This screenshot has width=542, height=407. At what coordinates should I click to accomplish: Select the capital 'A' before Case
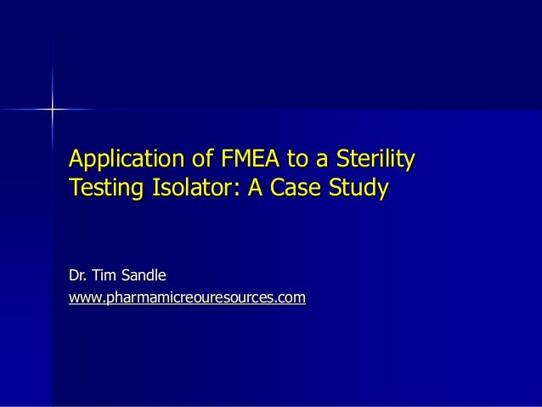click(253, 185)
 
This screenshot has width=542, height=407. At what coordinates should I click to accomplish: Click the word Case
click(293, 185)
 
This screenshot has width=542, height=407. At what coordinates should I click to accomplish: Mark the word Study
click(360, 185)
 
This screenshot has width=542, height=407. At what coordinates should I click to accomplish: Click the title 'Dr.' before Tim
click(79, 275)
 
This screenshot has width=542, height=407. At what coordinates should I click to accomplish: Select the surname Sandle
click(146, 275)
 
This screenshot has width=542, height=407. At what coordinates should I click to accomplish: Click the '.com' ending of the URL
click(290, 298)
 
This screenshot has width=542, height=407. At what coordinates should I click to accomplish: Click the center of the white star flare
click(51, 110)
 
